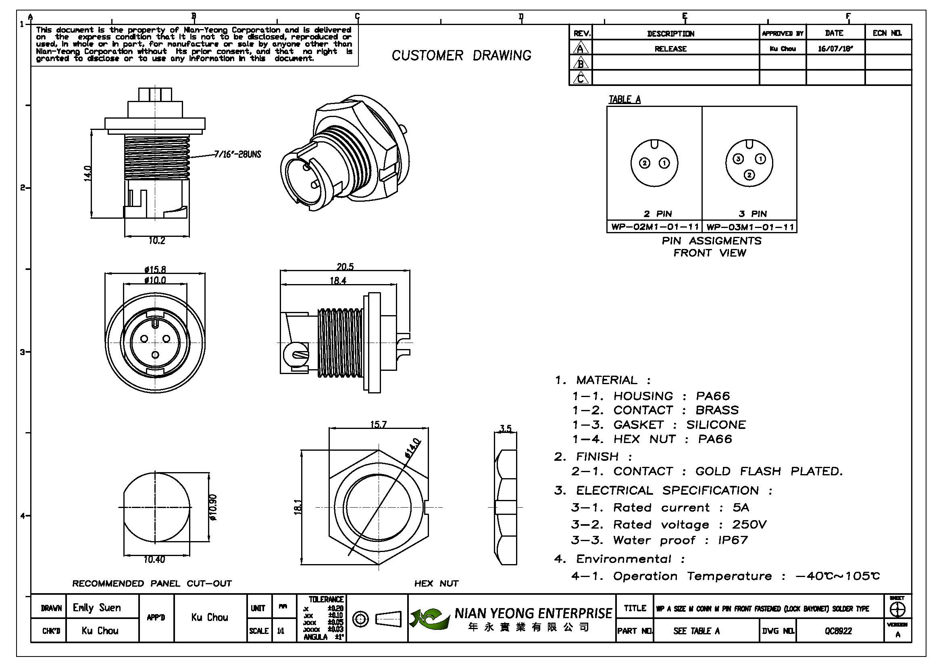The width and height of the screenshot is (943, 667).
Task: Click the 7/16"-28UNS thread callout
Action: [237, 155]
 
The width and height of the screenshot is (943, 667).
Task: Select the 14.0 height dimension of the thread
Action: [87, 173]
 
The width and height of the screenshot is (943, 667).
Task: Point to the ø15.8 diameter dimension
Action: [155, 270]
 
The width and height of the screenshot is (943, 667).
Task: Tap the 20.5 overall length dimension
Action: [345, 267]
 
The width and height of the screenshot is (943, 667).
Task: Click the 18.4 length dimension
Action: [338, 281]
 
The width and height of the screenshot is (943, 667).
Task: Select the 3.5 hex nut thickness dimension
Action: [506, 429]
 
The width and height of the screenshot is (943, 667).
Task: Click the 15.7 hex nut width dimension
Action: [378, 424]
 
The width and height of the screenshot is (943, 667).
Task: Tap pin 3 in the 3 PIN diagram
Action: [739, 159]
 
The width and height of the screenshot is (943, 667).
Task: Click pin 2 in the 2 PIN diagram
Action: [645, 163]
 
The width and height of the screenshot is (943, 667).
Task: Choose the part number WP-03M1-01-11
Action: [750, 227]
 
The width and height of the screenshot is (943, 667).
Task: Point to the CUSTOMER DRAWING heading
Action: [461, 55]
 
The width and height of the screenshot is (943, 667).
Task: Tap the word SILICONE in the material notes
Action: [716, 424]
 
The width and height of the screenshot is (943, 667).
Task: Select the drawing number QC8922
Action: [838, 631]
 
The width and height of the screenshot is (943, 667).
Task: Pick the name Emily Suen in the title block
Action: [96, 607]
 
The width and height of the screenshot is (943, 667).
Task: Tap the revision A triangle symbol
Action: [580, 48]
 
